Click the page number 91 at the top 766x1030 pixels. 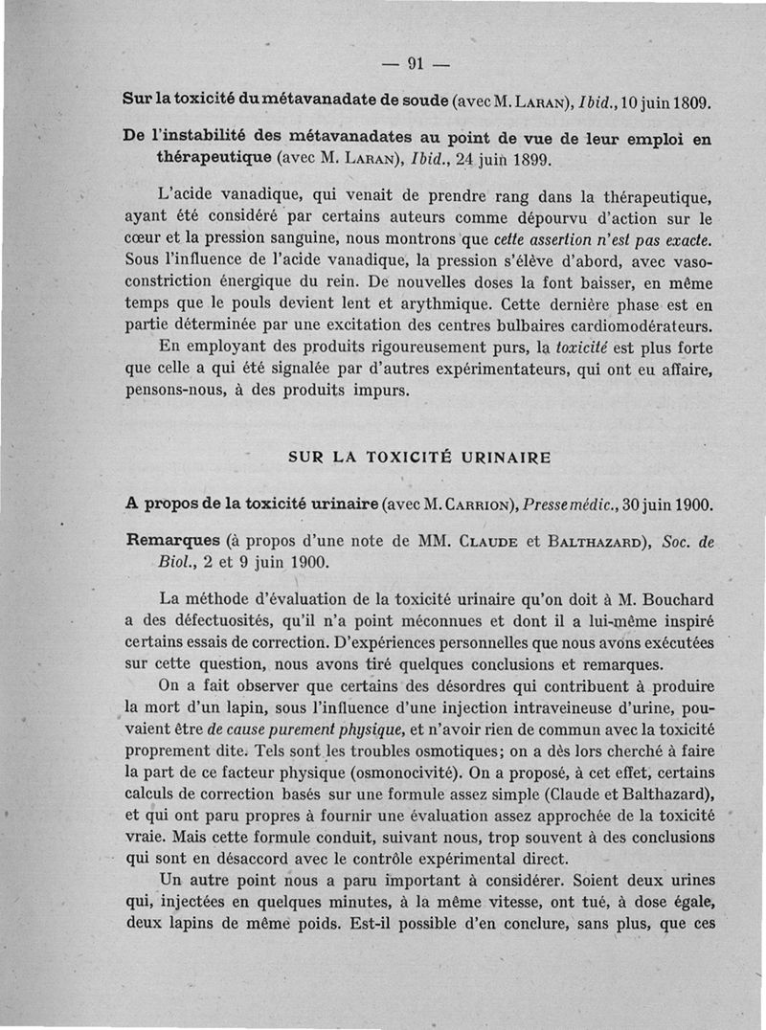click(x=416, y=65)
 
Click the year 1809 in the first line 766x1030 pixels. click(x=687, y=100)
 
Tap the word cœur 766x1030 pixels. click(x=145, y=238)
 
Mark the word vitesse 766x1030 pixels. click(x=531, y=902)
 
